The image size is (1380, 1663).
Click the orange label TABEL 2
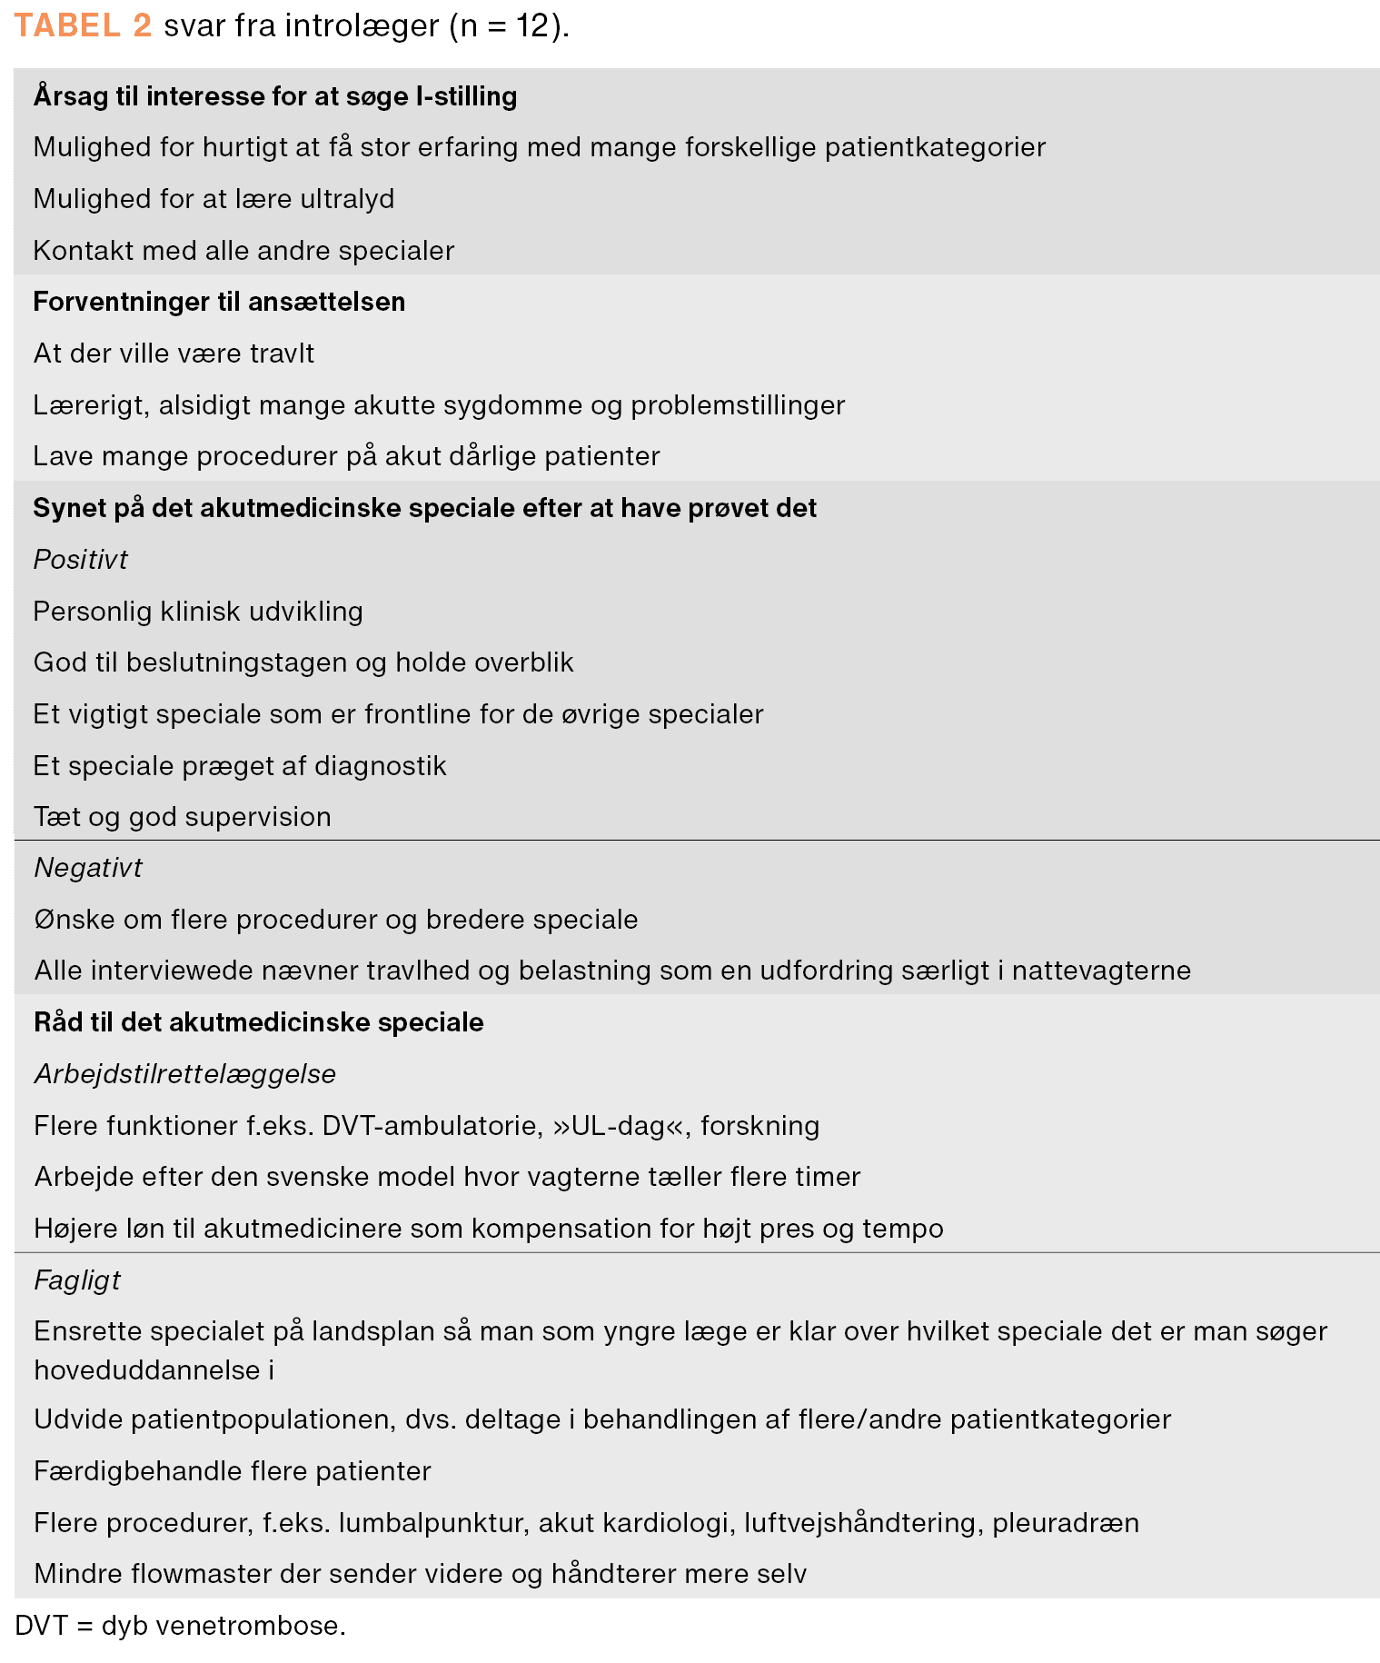(83, 25)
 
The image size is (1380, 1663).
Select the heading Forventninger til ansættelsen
(219, 302)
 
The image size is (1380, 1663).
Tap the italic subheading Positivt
(80, 559)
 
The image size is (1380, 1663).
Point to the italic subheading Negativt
(87, 868)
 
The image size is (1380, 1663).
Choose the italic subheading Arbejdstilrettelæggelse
(184, 1074)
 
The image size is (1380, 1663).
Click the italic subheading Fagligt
(76, 1280)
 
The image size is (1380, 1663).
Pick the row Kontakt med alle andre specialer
(243, 250)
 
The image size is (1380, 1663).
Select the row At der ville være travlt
(174, 354)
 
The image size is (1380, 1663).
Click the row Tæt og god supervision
(182, 817)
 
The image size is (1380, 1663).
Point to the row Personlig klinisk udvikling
(198, 611)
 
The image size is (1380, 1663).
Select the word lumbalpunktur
(432, 1522)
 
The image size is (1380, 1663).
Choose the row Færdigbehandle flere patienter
(232, 1470)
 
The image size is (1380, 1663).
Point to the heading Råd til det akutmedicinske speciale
(258, 1022)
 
